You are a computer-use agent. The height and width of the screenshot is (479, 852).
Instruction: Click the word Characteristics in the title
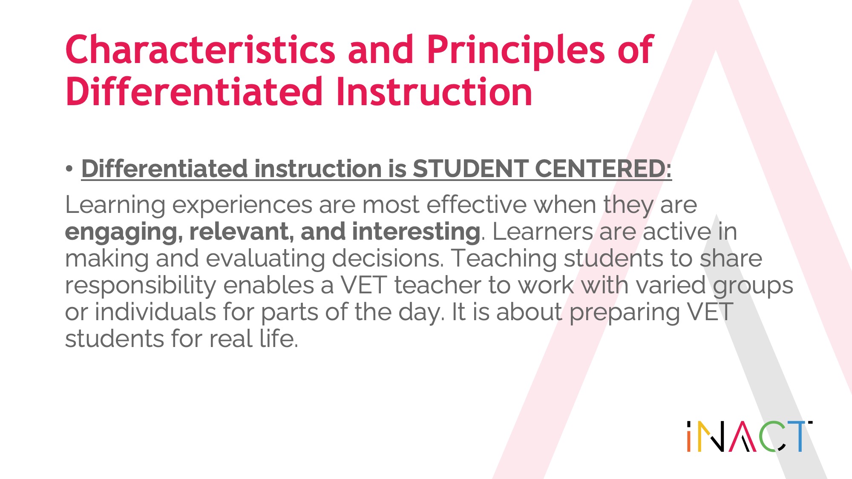200,50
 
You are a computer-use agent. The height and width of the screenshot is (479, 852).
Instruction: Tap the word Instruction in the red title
434,92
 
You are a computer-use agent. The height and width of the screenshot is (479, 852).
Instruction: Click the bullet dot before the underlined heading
69,169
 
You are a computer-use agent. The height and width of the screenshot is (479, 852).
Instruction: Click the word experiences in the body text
242,206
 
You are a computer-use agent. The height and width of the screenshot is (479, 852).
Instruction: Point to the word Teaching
504,259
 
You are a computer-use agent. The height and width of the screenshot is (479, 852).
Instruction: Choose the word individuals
155,312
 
